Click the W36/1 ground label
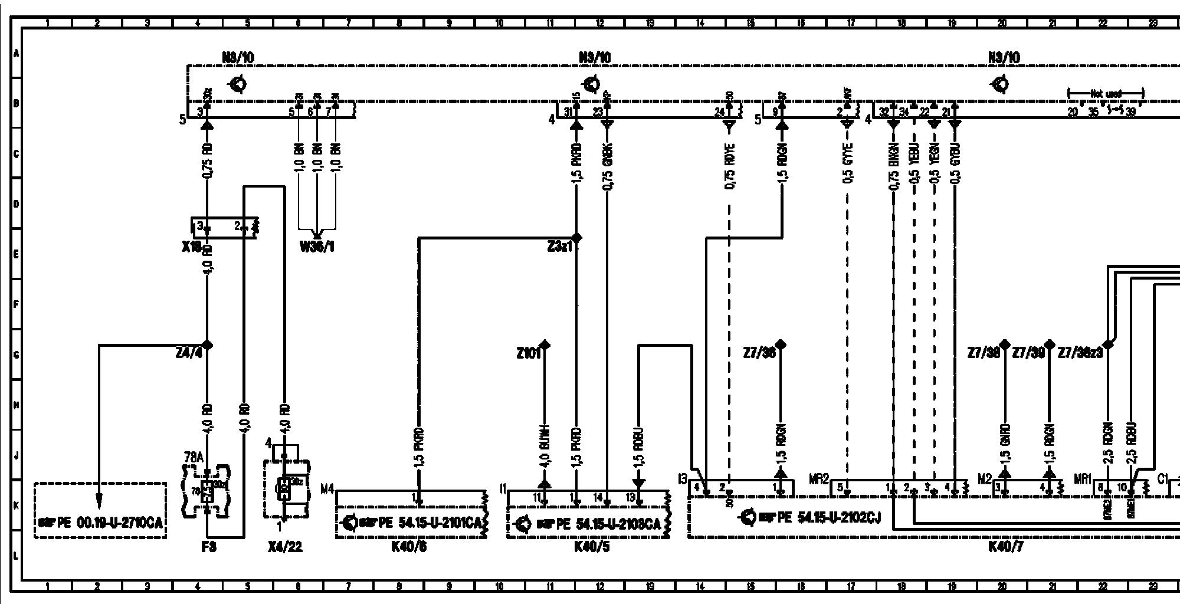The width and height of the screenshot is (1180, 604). click(x=317, y=247)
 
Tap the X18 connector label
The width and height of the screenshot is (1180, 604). click(x=193, y=247)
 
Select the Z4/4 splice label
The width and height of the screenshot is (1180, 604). click(x=189, y=353)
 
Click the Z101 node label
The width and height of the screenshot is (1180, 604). click(x=528, y=354)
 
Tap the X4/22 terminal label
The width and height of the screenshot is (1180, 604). click(x=285, y=547)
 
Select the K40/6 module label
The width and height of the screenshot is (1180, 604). click(x=409, y=547)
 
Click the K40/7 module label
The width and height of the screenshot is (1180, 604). click(x=1005, y=547)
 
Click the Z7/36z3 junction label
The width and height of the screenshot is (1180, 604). click(x=1080, y=353)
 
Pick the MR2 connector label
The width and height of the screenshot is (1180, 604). click(x=819, y=479)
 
